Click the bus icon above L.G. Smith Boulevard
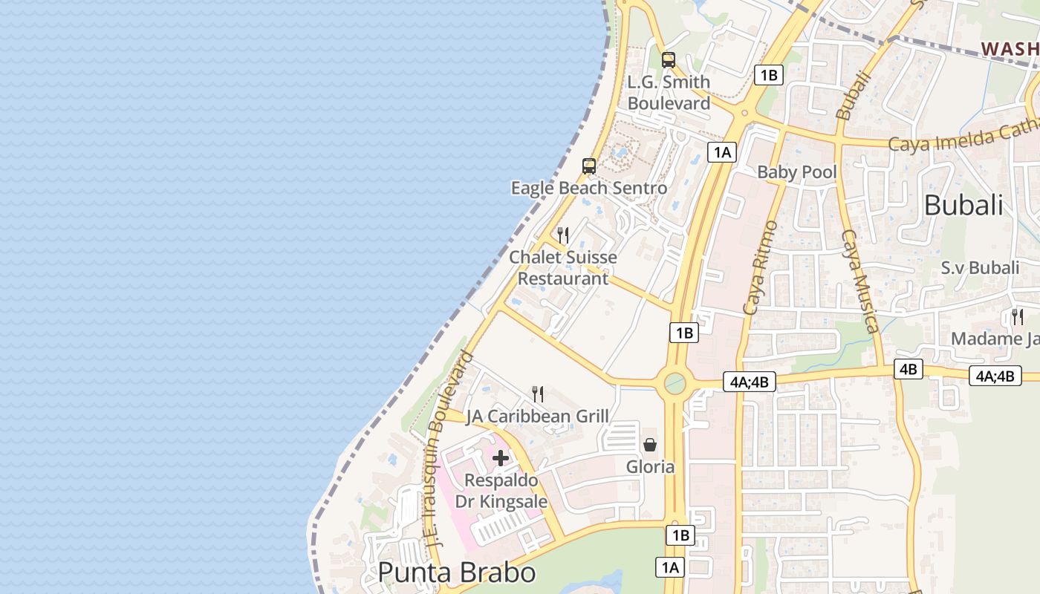(669, 60)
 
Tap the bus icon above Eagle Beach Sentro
(589, 166)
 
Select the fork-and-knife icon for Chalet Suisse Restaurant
(563, 235)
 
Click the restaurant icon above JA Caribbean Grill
(538, 394)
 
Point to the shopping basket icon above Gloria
(650, 444)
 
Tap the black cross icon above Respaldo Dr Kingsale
(501, 458)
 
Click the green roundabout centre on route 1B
(675, 383)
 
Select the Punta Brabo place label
(456, 572)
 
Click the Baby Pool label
(796, 172)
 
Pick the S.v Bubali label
(980, 268)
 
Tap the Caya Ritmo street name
(760, 267)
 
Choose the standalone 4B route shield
(908, 369)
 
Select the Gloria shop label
(650, 467)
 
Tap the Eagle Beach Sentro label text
(588, 189)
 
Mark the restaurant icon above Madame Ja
(1017, 316)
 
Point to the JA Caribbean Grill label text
(537, 417)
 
